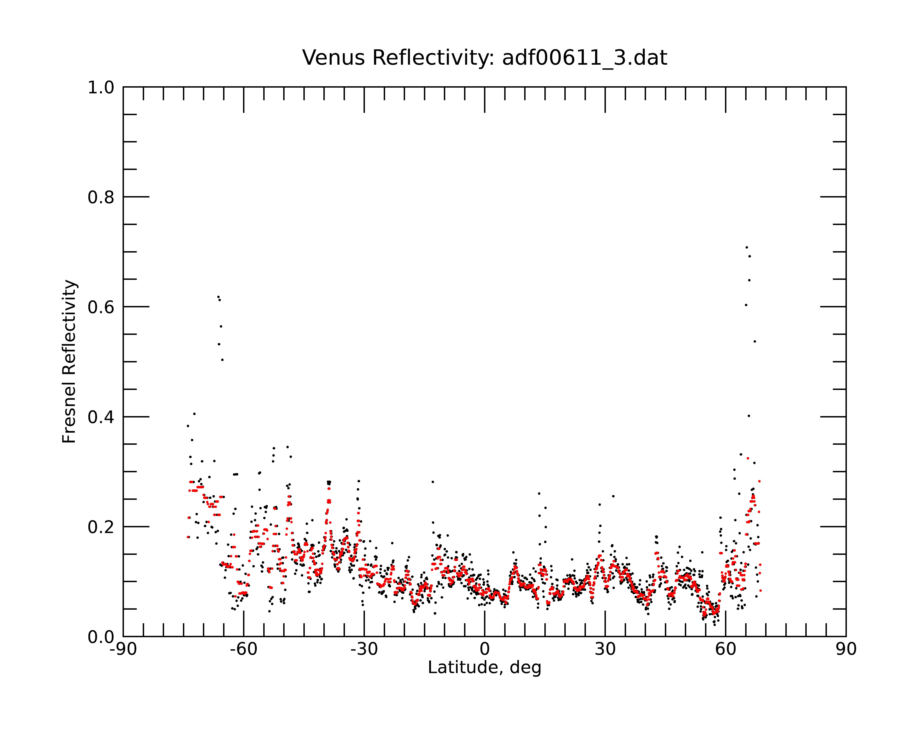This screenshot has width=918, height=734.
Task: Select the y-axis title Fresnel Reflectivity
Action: [69, 361]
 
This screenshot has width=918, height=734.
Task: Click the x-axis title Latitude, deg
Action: [484, 668]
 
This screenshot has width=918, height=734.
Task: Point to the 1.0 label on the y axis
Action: [101, 88]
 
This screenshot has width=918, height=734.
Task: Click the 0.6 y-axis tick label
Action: [101, 307]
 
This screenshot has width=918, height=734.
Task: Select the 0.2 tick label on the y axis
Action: [101, 527]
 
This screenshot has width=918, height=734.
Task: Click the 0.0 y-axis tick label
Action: [101, 637]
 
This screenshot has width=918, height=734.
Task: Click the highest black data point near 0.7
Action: [746, 247]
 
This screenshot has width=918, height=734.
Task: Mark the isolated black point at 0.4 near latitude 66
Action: [749, 416]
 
